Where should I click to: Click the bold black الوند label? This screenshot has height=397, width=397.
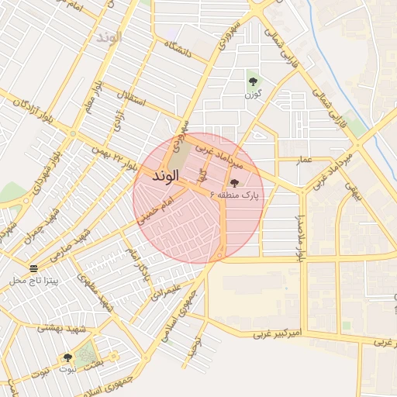tap(167, 176)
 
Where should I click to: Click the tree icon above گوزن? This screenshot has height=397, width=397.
tap(252, 80)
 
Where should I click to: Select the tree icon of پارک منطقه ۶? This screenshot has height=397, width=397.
tap(235, 182)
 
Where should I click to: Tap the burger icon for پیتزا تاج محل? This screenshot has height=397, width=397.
tap(33, 268)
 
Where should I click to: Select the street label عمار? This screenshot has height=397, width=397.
tap(304, 160)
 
